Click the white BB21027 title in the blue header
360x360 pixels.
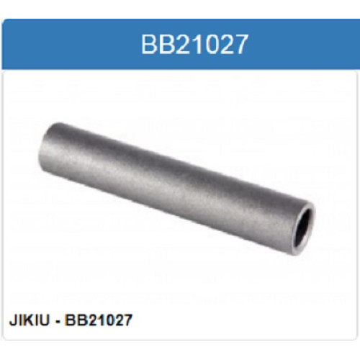point(194,45)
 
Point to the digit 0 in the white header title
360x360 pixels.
point(210,45)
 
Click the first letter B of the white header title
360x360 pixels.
point(149,45)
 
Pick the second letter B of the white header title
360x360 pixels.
point(167,45)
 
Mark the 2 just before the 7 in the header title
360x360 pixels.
point(225,45)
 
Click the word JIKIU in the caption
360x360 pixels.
point(29,320)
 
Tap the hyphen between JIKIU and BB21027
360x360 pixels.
point(58,321)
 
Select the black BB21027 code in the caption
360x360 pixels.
point(99,320)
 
